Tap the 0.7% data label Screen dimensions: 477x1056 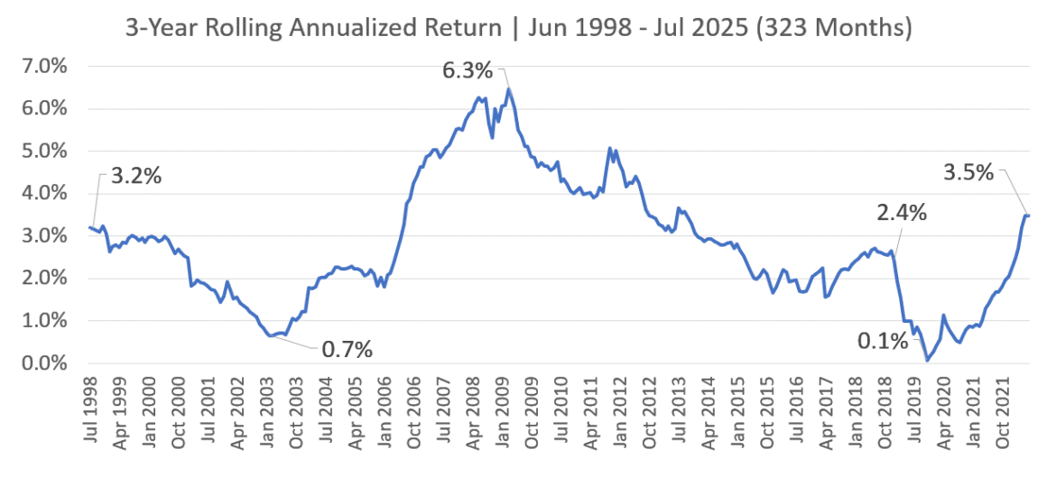(x=347, y=349)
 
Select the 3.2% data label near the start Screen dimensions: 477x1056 (x=136, y=176)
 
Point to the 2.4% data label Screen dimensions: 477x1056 (x=901, y=214)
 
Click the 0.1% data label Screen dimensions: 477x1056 (x=880, y=342)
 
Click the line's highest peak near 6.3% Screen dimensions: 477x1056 (x=508, y=88)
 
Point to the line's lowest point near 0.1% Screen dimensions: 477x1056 (x=926, y=361)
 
